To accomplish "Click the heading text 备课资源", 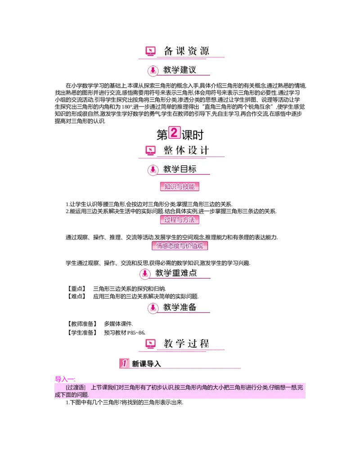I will (186, 51).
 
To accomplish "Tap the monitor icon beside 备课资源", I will (150, 51).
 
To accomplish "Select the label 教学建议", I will (180, 70).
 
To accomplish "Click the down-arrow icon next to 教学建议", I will (153, 70).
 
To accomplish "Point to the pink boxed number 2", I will (174, 133).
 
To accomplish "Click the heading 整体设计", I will (186, 150).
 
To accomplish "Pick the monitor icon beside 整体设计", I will (150, 150).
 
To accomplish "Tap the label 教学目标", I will (180, 169).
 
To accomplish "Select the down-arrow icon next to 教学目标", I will (153, 170).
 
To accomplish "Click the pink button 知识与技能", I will (180, 186).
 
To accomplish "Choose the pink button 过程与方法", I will (180, 220).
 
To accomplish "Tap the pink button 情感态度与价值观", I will (181, 246).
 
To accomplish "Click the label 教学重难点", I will (176, 273).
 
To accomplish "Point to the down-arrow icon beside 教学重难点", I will (145, 273).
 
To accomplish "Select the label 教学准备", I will (180, 307).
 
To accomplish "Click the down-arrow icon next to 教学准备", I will (153, 308).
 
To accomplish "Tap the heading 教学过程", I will (186, 344).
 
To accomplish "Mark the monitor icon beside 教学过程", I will (150, 344).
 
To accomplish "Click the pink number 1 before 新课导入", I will (124, 363).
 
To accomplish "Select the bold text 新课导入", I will (146, 363).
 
